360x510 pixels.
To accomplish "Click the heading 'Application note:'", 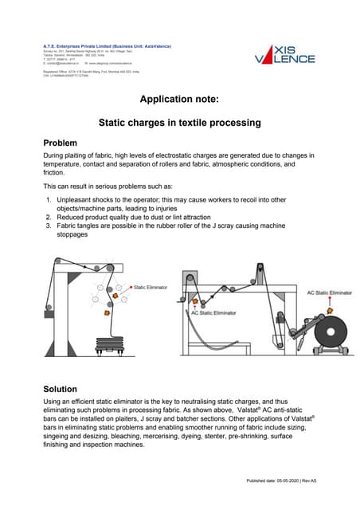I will (x=179, y=100).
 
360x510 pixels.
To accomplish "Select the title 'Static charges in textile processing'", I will (x=179, y=124).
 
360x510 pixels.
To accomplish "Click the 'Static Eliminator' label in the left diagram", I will (x=150, y=287).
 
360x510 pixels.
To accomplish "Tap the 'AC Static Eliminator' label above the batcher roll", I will (x=329, y=292).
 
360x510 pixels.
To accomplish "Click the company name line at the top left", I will (x=107, y=46).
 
